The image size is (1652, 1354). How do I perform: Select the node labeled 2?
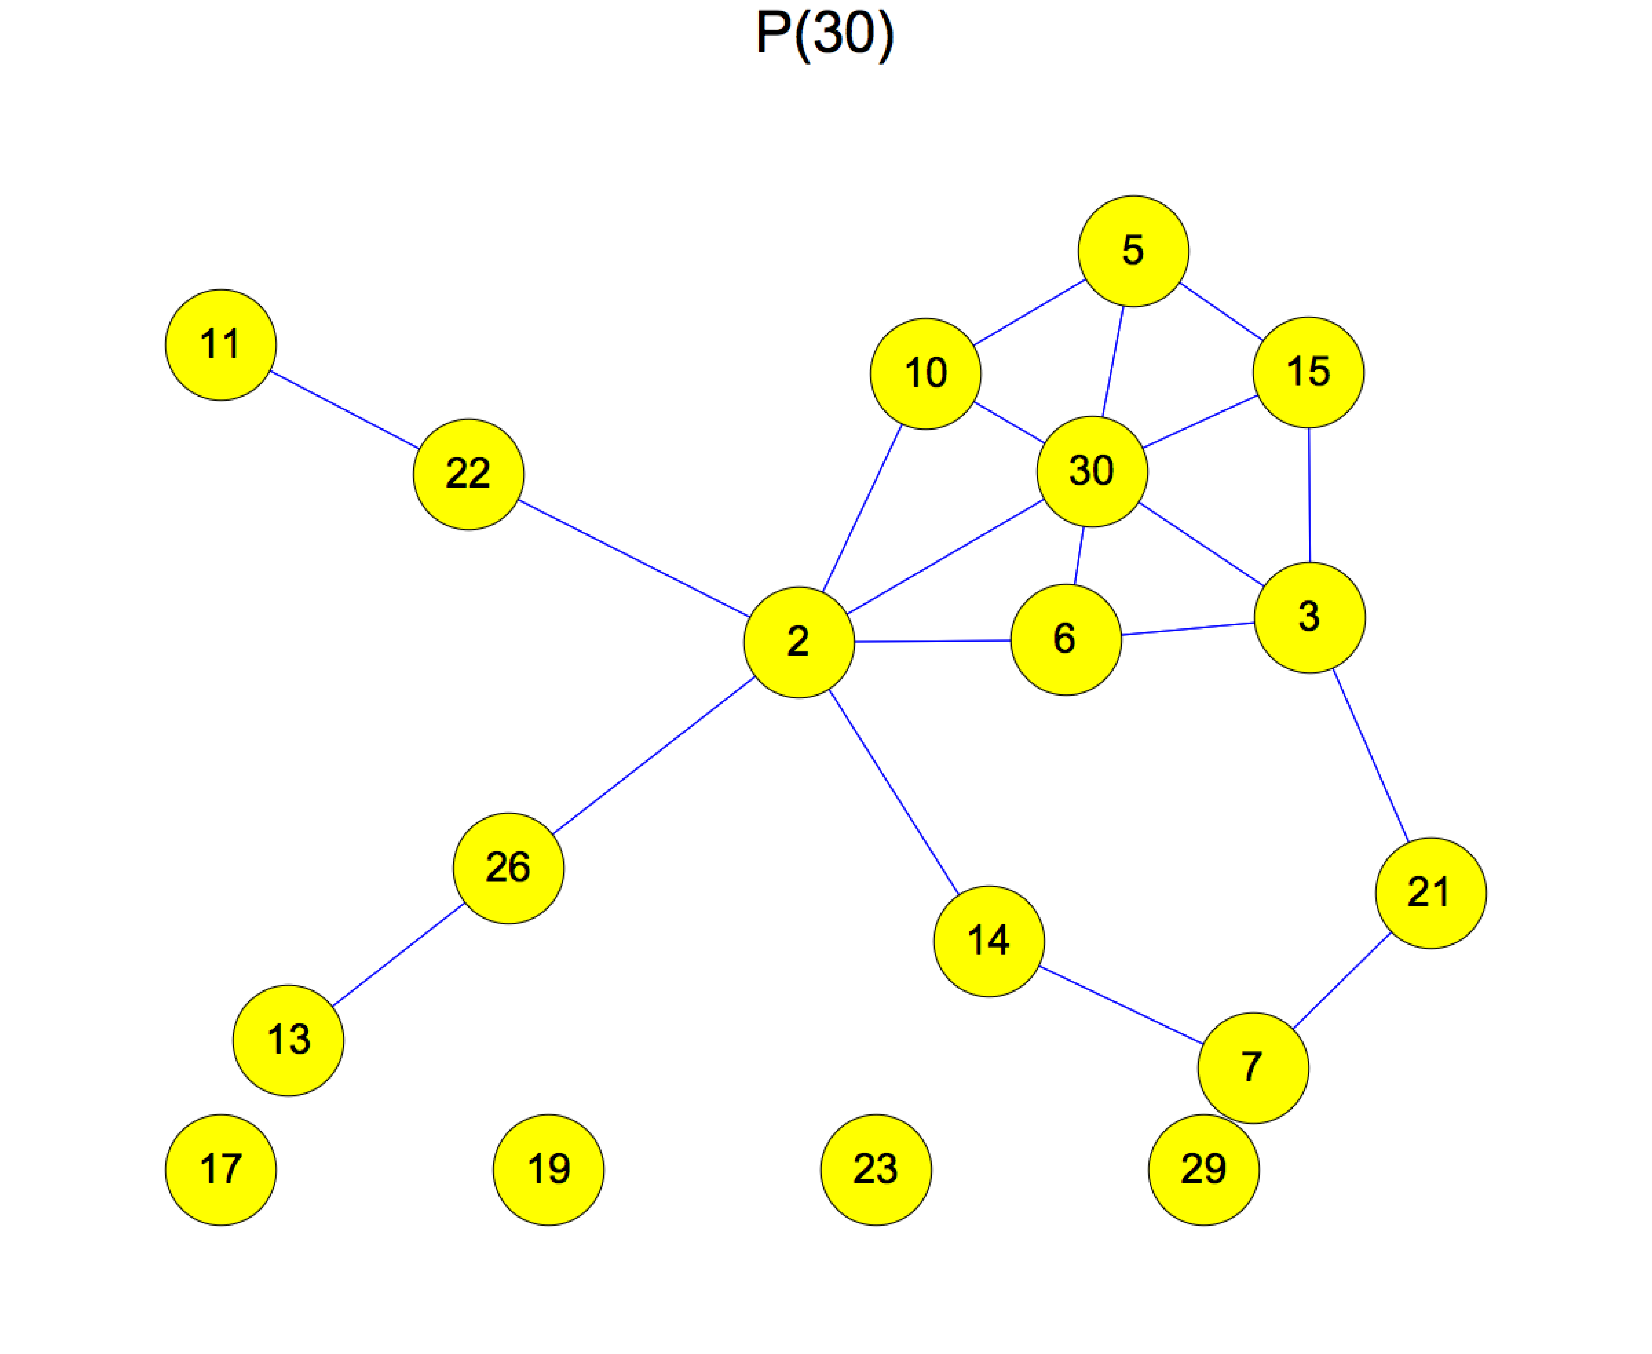[x=798, y=642]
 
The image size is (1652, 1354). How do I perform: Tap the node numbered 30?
[x=1092, y=471]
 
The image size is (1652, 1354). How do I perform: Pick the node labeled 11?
[x=221, y=345]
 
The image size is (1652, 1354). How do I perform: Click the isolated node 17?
[x=221, y=1169]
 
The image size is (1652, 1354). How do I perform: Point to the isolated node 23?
[x=875, y=1169]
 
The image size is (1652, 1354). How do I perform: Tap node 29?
[x=1203, y=1169]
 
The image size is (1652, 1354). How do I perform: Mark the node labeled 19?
[x=548, y=1169]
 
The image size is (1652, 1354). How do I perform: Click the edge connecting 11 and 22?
[x=345, y=409]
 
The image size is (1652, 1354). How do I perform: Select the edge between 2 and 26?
[x=653, y=755]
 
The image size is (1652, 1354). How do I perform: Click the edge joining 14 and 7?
[x=1121, y=1005]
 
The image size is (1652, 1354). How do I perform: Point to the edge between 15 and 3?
[x=1309, y=495]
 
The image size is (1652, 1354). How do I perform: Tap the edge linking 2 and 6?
[x=933, y=641]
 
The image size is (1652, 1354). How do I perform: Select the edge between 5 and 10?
[x=1029, y=312]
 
